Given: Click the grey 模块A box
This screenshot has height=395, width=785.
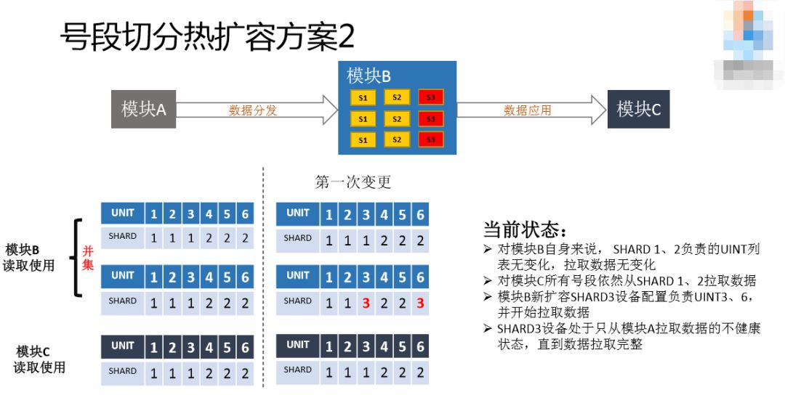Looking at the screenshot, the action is pos(143,110).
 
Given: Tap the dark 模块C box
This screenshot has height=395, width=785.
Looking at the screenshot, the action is pos(638,110).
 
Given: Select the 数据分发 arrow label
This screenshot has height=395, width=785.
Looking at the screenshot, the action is pos(253,110).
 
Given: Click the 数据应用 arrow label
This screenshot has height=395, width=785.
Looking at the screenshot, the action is pos(528,110).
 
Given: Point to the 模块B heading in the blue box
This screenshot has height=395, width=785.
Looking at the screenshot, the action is pos(369,76).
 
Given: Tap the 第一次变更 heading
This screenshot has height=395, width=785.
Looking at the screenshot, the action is pos(353,182).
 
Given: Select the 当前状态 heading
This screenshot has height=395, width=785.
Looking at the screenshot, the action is pos(524,230).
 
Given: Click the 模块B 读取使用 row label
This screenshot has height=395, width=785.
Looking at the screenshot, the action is pos(30,258).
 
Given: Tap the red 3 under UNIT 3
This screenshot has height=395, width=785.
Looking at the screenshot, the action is pos(365,303).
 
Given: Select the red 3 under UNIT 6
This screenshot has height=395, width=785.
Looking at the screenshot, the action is pos(420,303).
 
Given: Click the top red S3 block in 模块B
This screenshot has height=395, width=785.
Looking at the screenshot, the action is pos(430,97).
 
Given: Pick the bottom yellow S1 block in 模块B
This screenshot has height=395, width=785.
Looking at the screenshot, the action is pos(363,139).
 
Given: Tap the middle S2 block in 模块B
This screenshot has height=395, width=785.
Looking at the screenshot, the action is pos(396,118).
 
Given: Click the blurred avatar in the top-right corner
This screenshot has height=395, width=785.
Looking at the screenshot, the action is pos(749,40).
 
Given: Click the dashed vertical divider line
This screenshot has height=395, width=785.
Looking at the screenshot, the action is pos(262,276).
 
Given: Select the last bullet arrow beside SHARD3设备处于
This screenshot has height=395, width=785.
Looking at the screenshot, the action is pos(488,329).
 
